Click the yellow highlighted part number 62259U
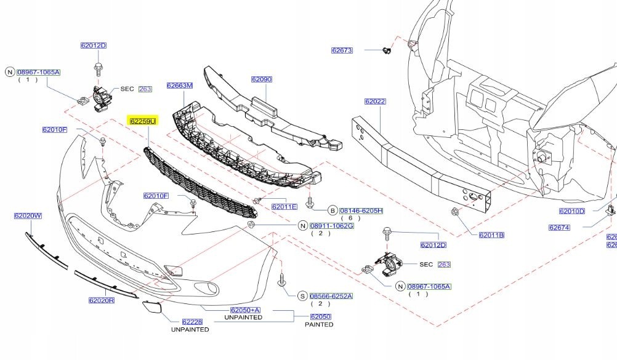(x=143, y=121)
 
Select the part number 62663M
(x=179, y=86)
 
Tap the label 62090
(x=261, y=79)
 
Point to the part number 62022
(x=374, y=102)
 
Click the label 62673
(x=342, y=50)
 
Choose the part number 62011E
(x=284, y=207)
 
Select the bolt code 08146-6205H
(x=361, y=210)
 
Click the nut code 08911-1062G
(x=331, y=226)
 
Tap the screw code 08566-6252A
(x=331, y=296)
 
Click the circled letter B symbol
(x=332, y=210)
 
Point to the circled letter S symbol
(x=302, y=296)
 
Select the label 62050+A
(x=245, y=310)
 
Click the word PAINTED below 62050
(x=319, y=324)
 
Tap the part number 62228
(x=192, y=322)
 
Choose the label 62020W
(x=28, y=216)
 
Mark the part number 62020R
(x=102, y=300)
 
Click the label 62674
(x=559, y=228)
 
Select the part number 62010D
(x=571, y=211)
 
